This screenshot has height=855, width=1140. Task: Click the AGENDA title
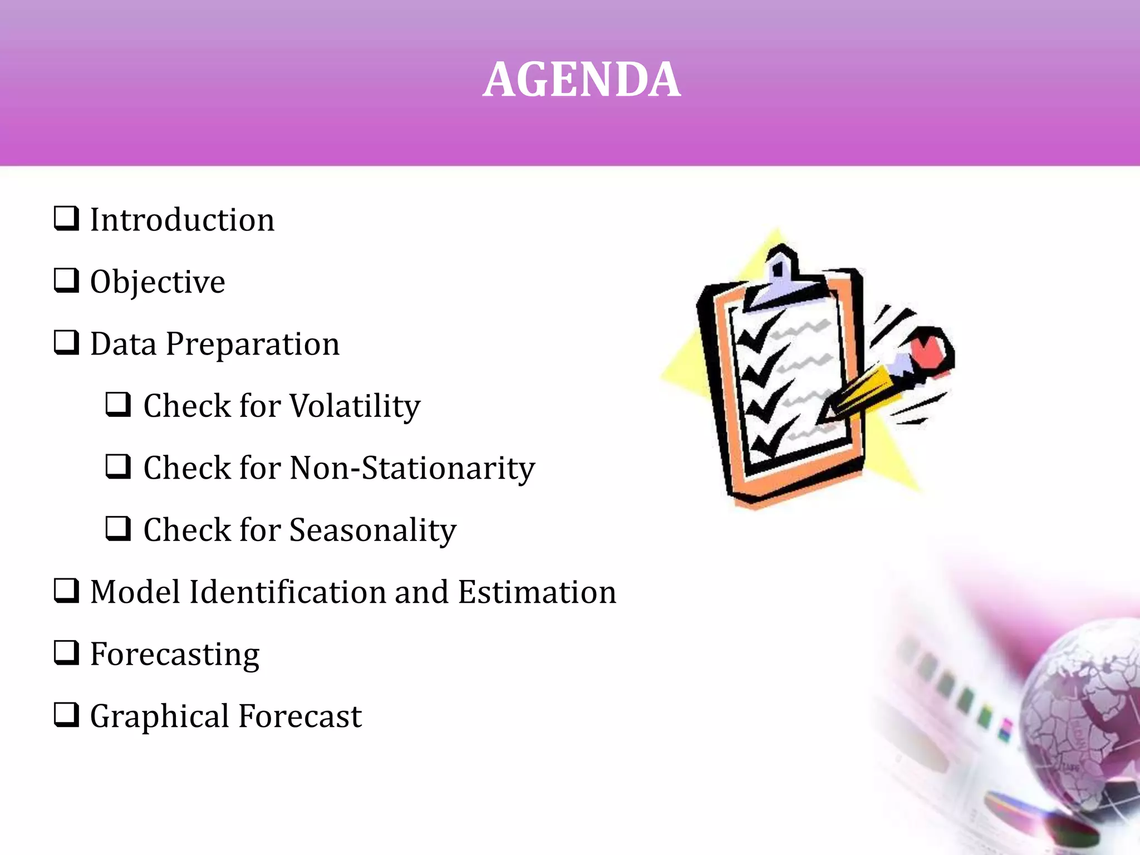coord(581,80)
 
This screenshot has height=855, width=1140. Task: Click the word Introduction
coord(182,220)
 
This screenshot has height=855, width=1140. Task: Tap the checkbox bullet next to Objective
coord(66,280)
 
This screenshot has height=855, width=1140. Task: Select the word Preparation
coord(253,344)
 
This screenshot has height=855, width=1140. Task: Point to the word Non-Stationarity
coord(412,468)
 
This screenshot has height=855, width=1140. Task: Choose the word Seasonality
coord(373,530)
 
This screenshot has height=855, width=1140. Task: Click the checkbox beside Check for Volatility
coord(118,404)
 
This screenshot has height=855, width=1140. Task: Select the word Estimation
coord(537,592)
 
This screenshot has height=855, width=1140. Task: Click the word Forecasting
coord(175,655)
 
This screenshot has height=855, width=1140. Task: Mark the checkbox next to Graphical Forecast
coord(66,715)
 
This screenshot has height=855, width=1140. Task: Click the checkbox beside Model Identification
coord(66,591)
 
